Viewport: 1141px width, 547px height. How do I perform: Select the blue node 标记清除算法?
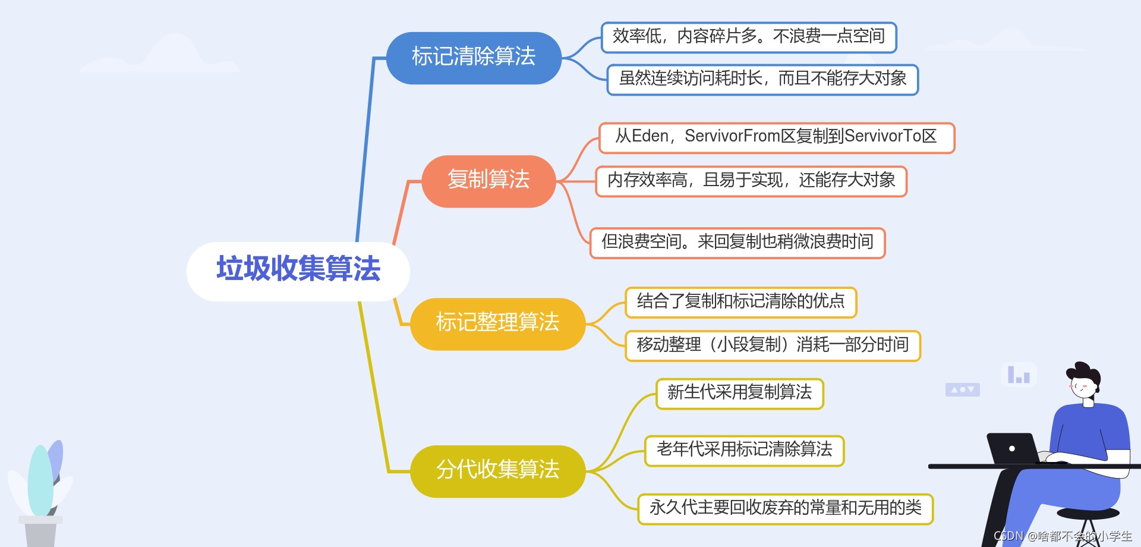point(474,58)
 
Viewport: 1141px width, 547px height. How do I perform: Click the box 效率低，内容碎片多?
point(749,37)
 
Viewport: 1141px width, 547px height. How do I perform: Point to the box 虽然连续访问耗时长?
point(762,79)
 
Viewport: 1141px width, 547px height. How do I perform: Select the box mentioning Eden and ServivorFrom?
point(776,137)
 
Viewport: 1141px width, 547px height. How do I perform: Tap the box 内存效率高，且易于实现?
point(751,181)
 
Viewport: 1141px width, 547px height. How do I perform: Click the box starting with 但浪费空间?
point(737,243)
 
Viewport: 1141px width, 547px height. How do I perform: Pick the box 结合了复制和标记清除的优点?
point(740,302)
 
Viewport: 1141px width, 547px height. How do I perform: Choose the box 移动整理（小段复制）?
point(773,345)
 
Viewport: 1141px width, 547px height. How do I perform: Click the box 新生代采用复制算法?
point(739,393)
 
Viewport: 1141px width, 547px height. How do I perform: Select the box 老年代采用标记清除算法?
point(744,450)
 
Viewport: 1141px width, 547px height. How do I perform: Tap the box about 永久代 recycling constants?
point(785,508)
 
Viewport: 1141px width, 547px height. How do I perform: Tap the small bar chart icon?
point(1019,375)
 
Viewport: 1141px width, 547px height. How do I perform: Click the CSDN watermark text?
point(1063,536)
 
